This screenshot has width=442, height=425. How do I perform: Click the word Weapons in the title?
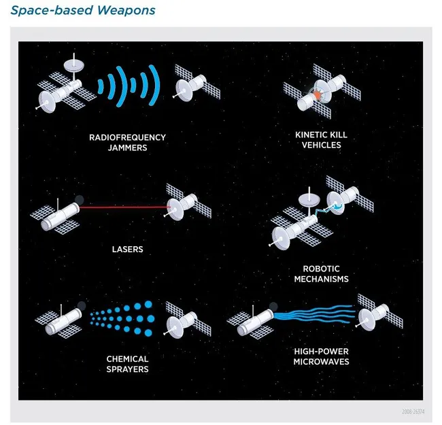[126, 10]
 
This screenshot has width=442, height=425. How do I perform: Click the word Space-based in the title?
[52, 10]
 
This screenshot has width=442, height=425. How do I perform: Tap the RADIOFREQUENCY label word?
[127, 137]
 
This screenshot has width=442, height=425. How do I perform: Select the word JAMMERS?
[127, 148]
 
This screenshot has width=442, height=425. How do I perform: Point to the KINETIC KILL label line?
[321, 135]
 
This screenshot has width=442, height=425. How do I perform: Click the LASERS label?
[127, 249]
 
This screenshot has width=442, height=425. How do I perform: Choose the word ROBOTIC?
[321, 269]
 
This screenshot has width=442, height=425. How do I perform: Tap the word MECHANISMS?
[321, 279]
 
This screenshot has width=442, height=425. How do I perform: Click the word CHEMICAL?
[127, 359]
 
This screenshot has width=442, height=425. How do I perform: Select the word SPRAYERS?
[127, 369]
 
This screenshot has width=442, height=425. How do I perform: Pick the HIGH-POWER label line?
[321, 351]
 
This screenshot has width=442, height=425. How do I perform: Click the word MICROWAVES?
[321, 362]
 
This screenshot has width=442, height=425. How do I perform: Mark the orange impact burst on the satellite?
[318, 95]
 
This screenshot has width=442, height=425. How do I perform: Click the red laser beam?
[124, 207]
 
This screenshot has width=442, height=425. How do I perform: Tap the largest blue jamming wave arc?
[155, 85]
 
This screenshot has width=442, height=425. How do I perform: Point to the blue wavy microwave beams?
[313, 313]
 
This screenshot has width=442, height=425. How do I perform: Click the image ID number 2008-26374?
[413, 412]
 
